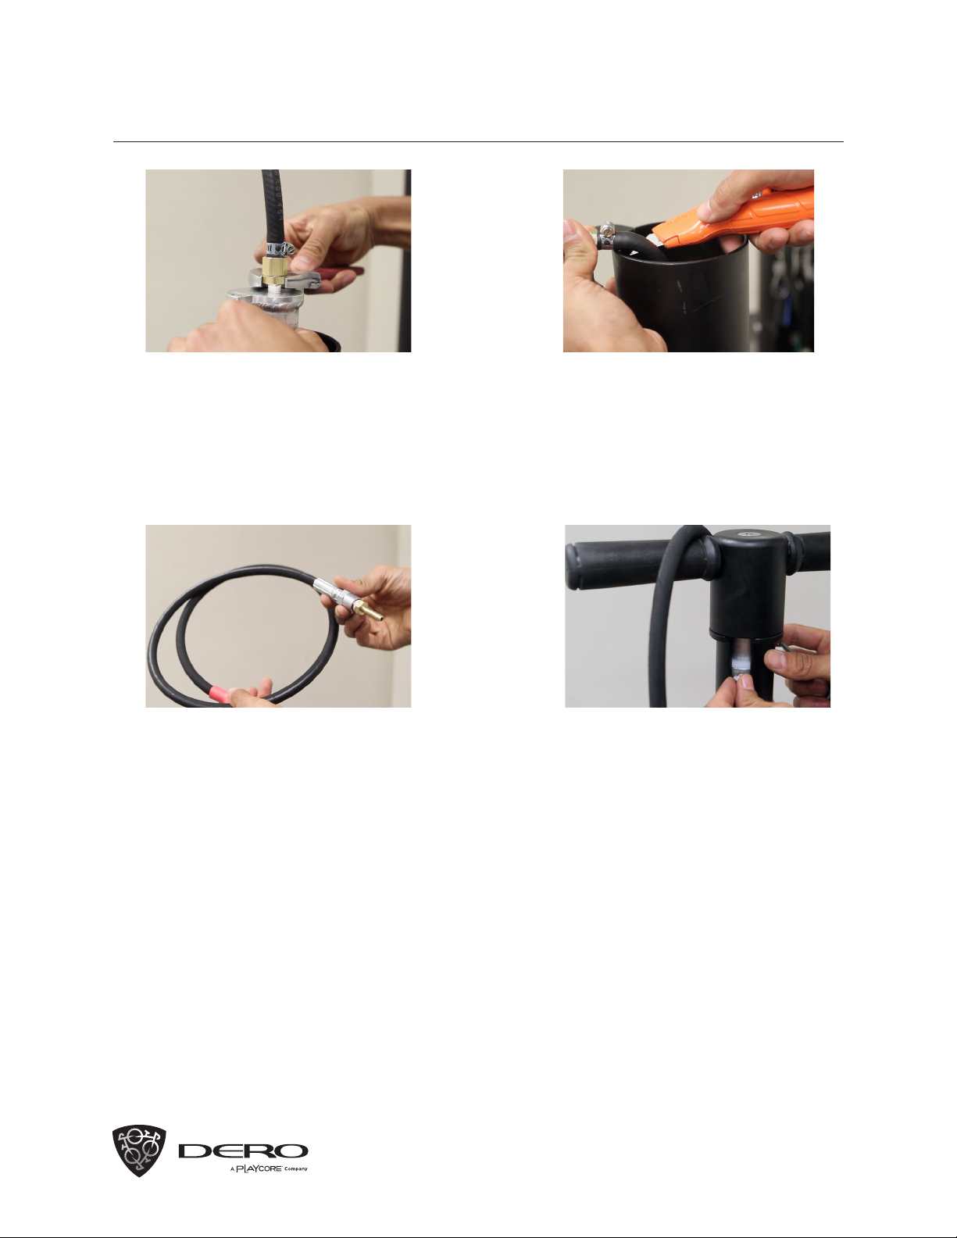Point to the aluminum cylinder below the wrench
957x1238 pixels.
point(267,311)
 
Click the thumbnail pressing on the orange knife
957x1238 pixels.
point(705,212)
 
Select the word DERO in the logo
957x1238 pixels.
point(243,1151)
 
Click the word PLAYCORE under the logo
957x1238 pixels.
point(259,1169)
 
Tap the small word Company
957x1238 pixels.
point(295,1169)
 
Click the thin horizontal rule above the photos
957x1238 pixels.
point(478,141)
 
